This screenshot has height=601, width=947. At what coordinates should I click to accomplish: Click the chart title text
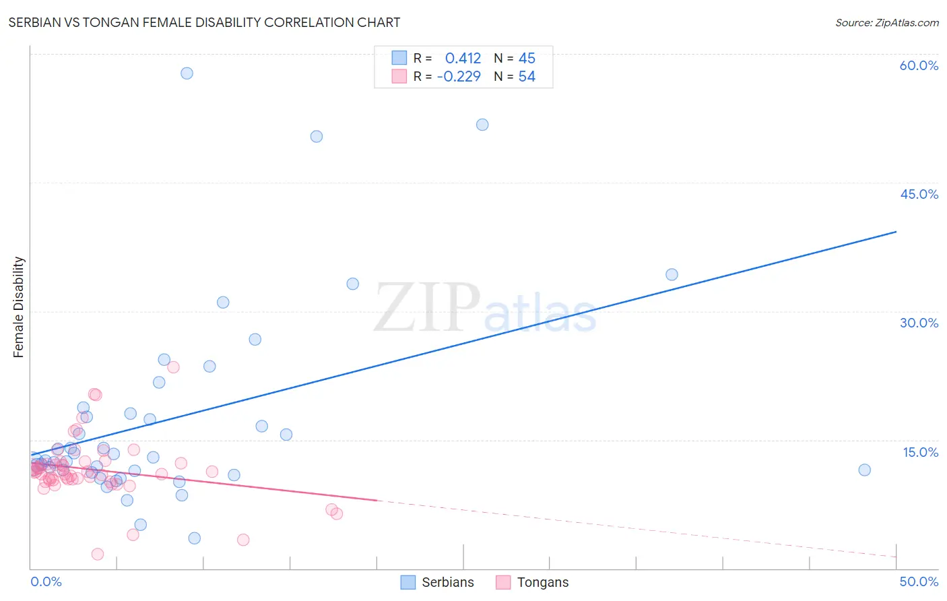point(204,23)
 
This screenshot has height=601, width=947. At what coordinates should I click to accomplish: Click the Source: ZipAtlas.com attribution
point(886,23)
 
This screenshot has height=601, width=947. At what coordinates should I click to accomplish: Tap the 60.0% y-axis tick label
point(919,65)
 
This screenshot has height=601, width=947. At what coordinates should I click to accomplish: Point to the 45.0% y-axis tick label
point(919,194)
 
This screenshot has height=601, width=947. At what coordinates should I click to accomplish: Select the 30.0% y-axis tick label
point(919,323)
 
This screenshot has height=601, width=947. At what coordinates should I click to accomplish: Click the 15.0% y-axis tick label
point(920,452)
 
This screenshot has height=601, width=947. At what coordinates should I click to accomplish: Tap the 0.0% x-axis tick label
point(46,581)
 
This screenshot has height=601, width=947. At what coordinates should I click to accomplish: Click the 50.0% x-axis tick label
point(919,581)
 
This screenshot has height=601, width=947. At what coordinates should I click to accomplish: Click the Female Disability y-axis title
point(19,307)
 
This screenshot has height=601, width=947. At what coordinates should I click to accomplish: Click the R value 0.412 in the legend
point(463,58)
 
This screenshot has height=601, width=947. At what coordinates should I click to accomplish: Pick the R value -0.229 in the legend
point(459,77)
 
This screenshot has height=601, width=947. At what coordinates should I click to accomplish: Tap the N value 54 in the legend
point(527,77)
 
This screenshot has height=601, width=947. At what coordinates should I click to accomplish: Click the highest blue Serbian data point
point(187,73)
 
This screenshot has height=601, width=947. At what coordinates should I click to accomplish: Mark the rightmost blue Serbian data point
point(864,470)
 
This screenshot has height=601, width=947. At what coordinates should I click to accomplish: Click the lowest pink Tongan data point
point(97,554)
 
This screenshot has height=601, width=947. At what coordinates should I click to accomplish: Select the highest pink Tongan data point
point(173,367)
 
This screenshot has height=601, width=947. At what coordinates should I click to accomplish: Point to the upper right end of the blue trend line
point(896,232)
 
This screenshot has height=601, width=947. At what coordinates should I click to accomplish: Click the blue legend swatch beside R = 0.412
point(399,58)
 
